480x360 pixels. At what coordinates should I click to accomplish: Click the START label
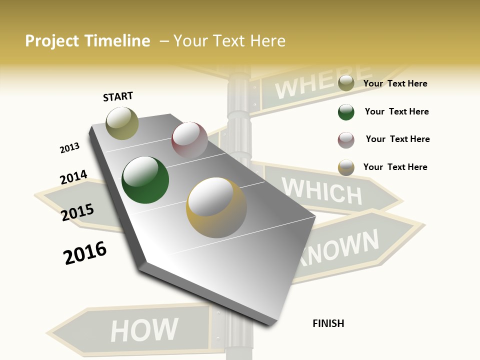[x=118, y=96]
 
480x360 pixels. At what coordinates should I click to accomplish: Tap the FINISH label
[x=328, y=323]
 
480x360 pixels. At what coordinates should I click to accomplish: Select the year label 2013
[x=69, y=148]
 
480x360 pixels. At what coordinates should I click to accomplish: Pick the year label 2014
[x=73, y=177]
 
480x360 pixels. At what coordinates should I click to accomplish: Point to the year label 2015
[x=77, y=212]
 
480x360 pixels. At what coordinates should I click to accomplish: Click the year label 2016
[x=85, y=252]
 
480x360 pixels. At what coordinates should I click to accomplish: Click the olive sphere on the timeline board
[x=122, y=123]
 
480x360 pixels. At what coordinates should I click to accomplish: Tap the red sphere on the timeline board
[x=189, y=140]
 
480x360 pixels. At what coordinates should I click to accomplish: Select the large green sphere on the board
[x=145, y=180]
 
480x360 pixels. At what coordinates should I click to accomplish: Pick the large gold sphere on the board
[x=216, y=207]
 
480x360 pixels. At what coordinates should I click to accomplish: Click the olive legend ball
[x=346, y=83]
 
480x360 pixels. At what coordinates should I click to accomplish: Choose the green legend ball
[x=346, y=112]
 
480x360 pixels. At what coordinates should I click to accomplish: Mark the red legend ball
[x=346, y=140]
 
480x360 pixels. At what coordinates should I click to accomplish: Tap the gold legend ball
[x=346, y=167]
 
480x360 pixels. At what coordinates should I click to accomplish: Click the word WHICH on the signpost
[x=321, y=191]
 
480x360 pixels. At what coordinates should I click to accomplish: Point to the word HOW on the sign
[x=144, y=330]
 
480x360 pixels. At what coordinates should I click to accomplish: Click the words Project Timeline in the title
[x=87, y=41]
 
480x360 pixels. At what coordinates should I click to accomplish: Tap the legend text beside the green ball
[x=396, y=111]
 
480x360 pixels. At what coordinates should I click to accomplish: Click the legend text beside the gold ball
[x=395, y=167]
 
